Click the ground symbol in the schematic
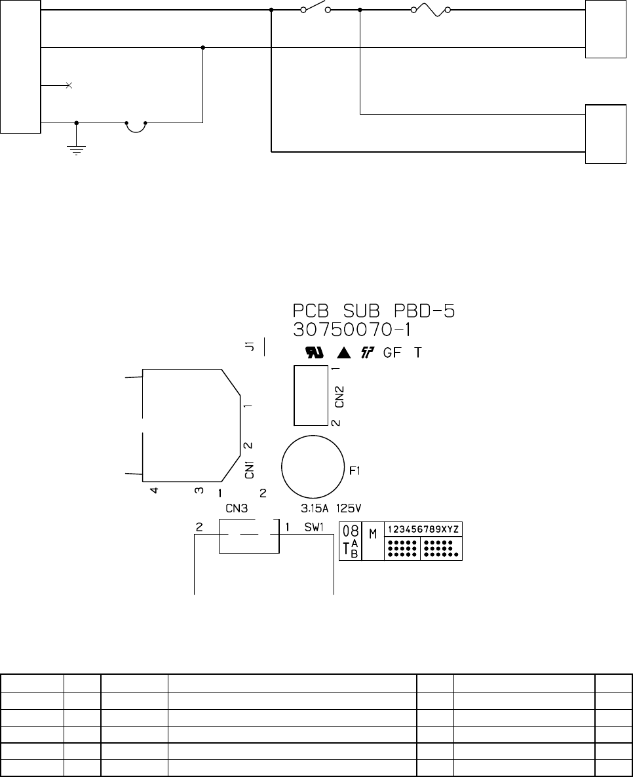[x=76, y=150]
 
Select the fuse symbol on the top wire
[x=431, y=9]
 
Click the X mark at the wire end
[x=69, y=85]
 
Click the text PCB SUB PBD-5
[x=374, y=311]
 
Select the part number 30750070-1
[x=352, y=330]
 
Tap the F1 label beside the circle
[x=355, y=471]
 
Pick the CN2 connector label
[x=339, y=397]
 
